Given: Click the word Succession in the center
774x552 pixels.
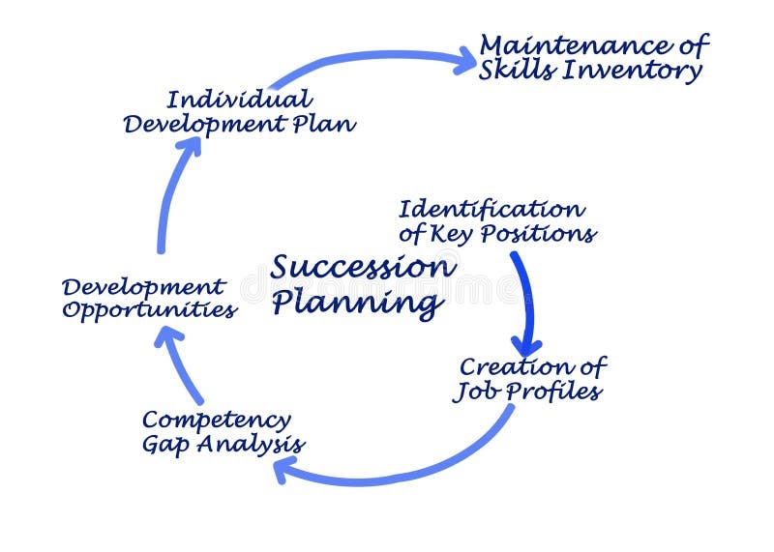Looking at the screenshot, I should (x=361, y=267).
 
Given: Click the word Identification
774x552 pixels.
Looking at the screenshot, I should (x=491, y=209).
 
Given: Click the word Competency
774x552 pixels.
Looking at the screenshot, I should (x=216, y=421).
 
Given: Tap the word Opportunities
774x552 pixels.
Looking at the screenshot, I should (x=150, y=311).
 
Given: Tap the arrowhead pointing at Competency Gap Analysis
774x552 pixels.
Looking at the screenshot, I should (x=283, y=469).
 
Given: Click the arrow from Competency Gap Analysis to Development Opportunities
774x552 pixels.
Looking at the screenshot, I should (x=181, y=368).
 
